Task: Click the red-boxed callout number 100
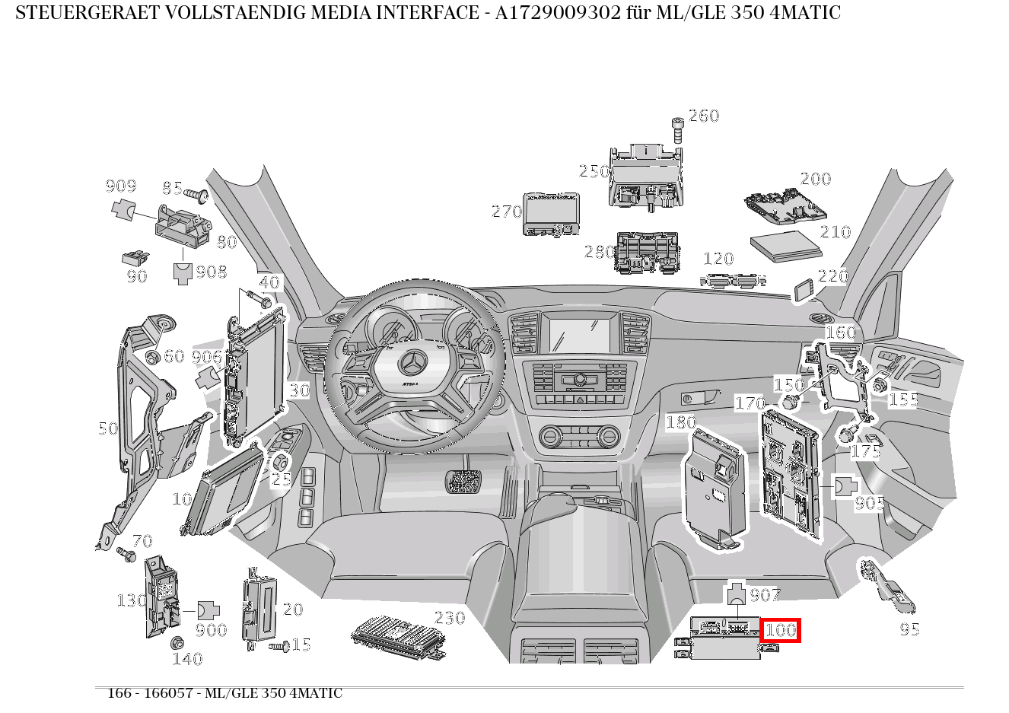tap(780, 630)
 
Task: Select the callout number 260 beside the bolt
tap(703, 116)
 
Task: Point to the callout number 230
tap(449, 617)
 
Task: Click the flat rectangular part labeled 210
tap(786, 245)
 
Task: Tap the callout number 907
tap(765, 594)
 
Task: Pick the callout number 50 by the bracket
tap(108, 428)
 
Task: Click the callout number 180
tap(680, 422)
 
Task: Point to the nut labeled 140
tap(177, 642)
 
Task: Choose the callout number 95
tap(909, 629)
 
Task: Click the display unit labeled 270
tap(551, 213)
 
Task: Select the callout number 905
tap(869, 503)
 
